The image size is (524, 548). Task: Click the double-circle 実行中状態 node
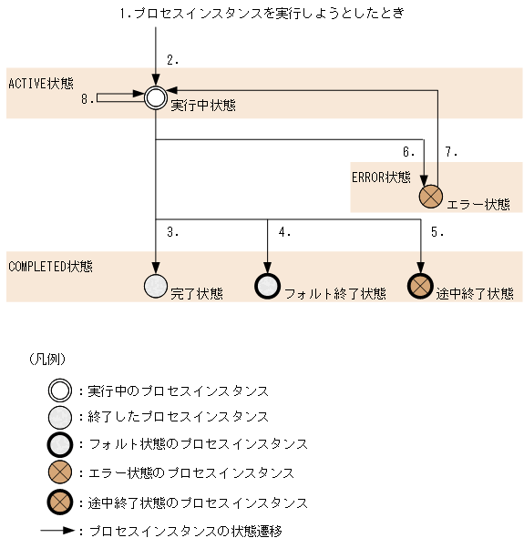click(x=156, y=97)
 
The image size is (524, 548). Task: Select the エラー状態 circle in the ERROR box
click(x=430, y=196)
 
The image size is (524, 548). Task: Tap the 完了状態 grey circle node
click(x=156, y=286)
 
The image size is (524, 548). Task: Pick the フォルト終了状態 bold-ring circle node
click(x=267, y=286)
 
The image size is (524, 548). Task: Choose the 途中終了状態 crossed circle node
click(x=420, y=286)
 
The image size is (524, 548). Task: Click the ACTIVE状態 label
click(x=41, y=83)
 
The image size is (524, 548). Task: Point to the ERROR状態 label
click(x=381, y=177)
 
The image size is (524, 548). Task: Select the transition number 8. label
click(x=87, y=99)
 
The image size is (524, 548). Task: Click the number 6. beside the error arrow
click(x=409, y=151)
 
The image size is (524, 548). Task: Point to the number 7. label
click(x=451, y=151)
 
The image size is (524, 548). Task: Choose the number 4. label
click(x=284, y=232)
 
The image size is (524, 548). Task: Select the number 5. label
click(x=437, y=232)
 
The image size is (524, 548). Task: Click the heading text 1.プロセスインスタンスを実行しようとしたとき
click(x=262, y=14)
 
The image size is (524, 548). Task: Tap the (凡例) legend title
click(x=47, y=360)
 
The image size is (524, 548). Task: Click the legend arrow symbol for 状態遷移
click(x=59, y=530)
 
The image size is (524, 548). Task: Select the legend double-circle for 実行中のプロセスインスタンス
click(x=61, y=391)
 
